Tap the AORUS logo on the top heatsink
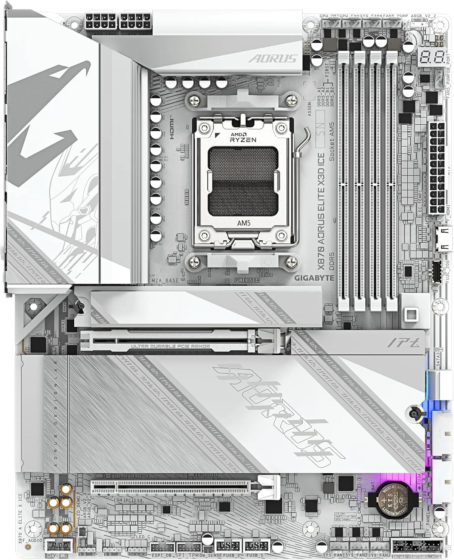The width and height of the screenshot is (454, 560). coord(273,58)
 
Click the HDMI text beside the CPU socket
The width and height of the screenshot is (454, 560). coord(172,128)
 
